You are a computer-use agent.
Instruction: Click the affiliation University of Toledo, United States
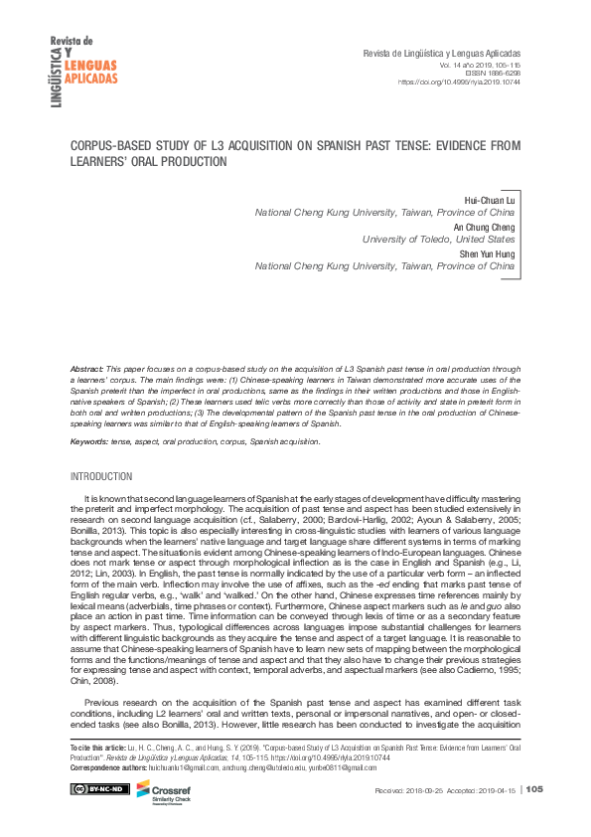438,240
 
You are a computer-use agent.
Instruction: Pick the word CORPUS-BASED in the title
111,144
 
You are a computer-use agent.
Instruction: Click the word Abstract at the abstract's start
87,369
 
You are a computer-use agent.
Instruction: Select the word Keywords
89,440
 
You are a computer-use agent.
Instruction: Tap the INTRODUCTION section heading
101,477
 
